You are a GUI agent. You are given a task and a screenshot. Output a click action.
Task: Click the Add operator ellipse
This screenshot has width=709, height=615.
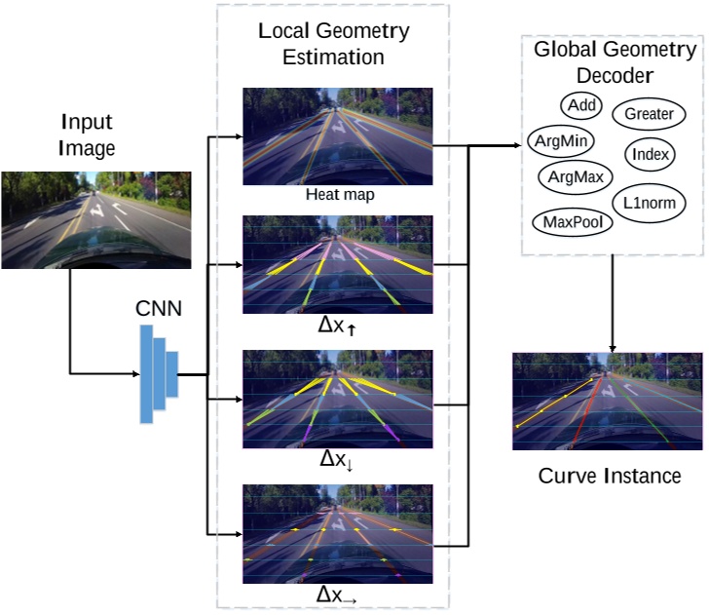click(x=581, y=105)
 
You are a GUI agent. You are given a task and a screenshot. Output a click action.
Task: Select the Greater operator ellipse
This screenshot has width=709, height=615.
click(x=649, y=114)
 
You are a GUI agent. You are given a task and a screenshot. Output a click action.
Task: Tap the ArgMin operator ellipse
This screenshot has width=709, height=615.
click(x=559, y=140)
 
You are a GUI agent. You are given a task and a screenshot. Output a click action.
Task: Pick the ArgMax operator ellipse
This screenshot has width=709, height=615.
click(x=575, y=177)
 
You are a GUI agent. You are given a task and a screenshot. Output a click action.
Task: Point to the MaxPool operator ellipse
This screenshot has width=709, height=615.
click(x=573, y=221)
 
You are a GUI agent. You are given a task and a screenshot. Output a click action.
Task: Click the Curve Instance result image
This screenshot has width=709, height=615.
click(x=607, y=401)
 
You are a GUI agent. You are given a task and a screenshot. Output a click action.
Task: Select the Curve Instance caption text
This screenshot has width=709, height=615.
click(x=609, y=477)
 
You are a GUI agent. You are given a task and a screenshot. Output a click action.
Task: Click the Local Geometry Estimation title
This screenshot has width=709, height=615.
click(x=334, y=43)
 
